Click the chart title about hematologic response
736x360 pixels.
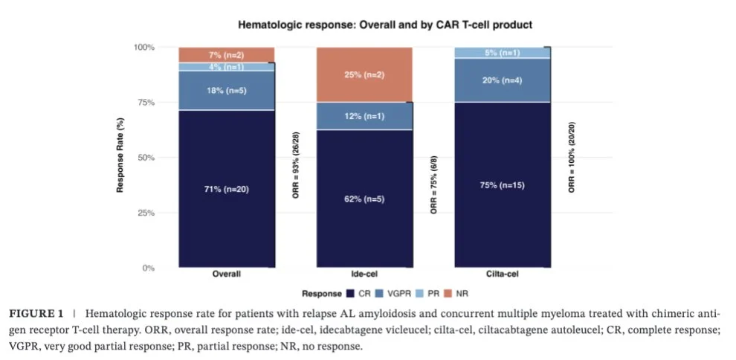pyautogui.click(x=384, y=25)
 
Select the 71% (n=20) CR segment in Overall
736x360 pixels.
pyautogui.click(x=226, y=188)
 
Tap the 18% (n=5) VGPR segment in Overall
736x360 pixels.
pyautogui.click(x=226, y=91)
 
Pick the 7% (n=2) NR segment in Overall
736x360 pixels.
pyautogui.click(x=226, y=55)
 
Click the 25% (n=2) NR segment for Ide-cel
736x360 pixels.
pyautogui.click(x=364, y=74)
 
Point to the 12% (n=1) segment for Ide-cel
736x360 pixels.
pyautogui.click(x=364, y=116)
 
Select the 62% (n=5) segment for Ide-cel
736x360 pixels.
pyautogui.click(x=364, y=199)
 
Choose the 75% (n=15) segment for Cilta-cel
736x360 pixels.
pyautogui.click(x=503, y=184)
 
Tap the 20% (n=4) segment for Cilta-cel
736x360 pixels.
pyautogui.click(x=503, y=80)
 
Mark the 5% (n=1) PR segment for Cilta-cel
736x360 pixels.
pyautogui.click(x=503, y=53)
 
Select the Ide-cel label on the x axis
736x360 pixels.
pyautogui.click(x=364, y=274)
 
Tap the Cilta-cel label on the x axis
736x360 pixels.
pyautogui.click(x=503, y=274)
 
